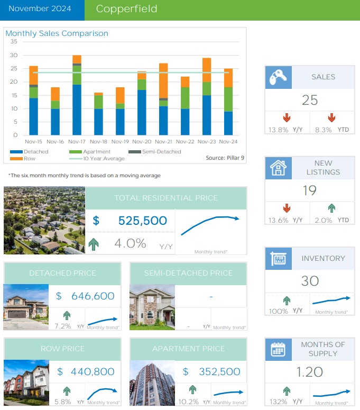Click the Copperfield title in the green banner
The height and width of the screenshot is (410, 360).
tap(126, 10)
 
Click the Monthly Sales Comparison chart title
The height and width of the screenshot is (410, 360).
tap(57, 33)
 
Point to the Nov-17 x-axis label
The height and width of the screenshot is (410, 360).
tap(77, 142)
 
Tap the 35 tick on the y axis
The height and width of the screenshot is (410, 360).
tap(14, 42)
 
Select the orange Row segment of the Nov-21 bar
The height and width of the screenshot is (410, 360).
tap(163, 80)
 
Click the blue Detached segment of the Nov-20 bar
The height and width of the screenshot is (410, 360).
tap(142, 112)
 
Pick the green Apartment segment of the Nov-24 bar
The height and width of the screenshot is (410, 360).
tap(228, 99)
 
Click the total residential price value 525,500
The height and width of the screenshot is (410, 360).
tap(143, 221)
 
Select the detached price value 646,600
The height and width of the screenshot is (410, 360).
tap(93, 296)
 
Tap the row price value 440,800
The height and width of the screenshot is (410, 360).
tap(93, 372)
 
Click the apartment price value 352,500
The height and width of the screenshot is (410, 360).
tap(219, 372)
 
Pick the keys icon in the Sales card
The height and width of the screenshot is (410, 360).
tap(278, 77)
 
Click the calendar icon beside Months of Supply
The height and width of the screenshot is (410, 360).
tap(278, 350)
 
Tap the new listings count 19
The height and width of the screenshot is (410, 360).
tap(309, 190)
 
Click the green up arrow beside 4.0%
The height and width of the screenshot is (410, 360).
tap(96, 244)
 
